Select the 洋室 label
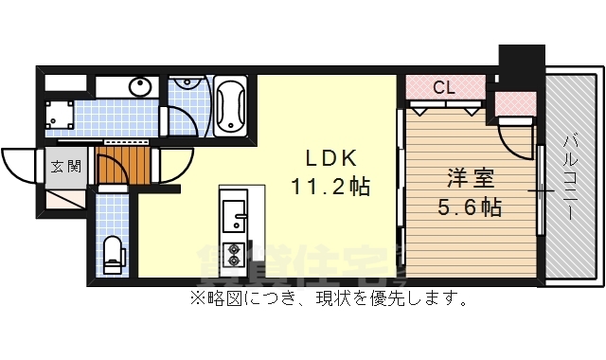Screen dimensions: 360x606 pos(470,177)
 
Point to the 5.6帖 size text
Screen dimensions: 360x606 pos(470,206)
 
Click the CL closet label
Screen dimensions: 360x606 pos(442,88)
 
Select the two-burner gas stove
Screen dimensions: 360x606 pos(233,254)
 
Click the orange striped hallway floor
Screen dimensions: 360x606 pos(124,167)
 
